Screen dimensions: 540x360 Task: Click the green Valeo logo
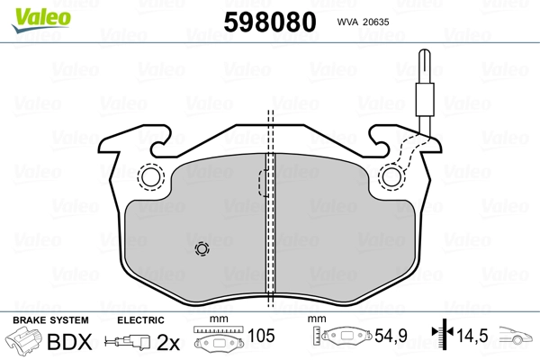[x=41, y=20]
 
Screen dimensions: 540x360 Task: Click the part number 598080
[x=270, y=22]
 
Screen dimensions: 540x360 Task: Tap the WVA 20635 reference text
[x=363, y=22]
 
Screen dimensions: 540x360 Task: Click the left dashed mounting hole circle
[x=151, y=177]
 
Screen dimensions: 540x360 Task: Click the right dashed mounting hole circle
[x=391, y=177]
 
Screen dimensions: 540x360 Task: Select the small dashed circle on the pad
[x=202, y=248]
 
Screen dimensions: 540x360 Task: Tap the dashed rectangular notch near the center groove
[x=263, y=183]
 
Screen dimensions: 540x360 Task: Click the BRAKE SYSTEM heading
[x=50, y=320]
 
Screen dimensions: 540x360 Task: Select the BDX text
[x=69, y=342]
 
